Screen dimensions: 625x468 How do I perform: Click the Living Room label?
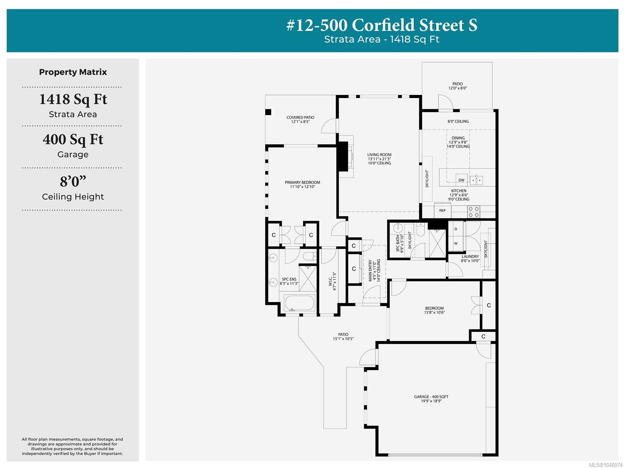click(379, 159)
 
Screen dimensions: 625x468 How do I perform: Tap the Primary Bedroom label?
click(302, 184)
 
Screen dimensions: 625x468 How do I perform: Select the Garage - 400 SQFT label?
click(431, 399)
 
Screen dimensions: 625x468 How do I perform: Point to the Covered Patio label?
click(300, 119)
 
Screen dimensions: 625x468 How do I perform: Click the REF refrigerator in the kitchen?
click(442, 210)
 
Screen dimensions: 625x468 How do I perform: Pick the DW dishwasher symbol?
click(461, 179)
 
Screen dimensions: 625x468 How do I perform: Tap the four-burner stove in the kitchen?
click(473, 212)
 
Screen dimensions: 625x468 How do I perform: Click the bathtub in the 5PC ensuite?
click(299, 303)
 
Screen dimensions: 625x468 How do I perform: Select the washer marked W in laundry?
click(455, 244)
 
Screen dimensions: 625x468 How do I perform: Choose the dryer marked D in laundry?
click(455, 229)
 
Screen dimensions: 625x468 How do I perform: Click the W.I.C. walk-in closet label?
click(332, 281)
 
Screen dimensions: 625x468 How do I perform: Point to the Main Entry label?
click(374, 270)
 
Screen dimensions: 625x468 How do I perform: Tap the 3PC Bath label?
click(400, 244)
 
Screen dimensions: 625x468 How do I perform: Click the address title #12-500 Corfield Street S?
click(382, 25)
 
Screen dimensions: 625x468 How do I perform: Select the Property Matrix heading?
click(73, 72)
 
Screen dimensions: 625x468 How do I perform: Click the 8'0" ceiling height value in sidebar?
click(73, 182)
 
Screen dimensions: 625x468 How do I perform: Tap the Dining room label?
click(458, 142)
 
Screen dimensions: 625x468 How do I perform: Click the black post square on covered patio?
click(268, 112)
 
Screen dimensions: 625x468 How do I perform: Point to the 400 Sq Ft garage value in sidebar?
click(73, 140)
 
